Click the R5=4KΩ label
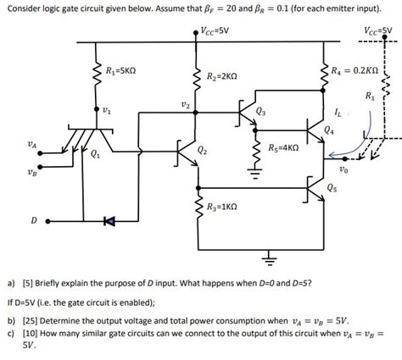[283, 147]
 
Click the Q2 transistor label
[201, 151]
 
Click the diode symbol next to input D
[108, 222]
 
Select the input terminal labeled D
[47, 222]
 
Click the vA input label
[32, 145]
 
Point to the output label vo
[342, 169]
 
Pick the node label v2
[186, 104]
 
